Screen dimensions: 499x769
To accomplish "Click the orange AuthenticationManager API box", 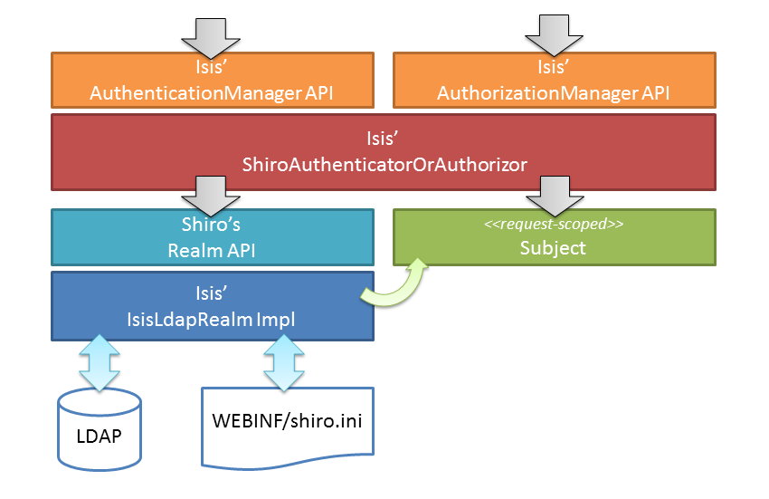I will tap(213, 81).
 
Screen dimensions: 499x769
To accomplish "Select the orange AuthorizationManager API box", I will tap(554, 81).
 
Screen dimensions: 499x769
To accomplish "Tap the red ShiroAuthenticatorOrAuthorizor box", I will tap(384, 151).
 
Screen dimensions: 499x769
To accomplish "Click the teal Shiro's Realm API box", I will tap(213, 237).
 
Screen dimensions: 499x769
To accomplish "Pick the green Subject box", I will tap(554, 237).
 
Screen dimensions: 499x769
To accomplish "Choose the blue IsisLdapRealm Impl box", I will tap(213, 305).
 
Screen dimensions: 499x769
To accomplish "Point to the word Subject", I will tap(554, 247).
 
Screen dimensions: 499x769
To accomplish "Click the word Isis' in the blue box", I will tap(213, 293).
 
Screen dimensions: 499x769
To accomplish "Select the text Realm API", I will tap(212, 250).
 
